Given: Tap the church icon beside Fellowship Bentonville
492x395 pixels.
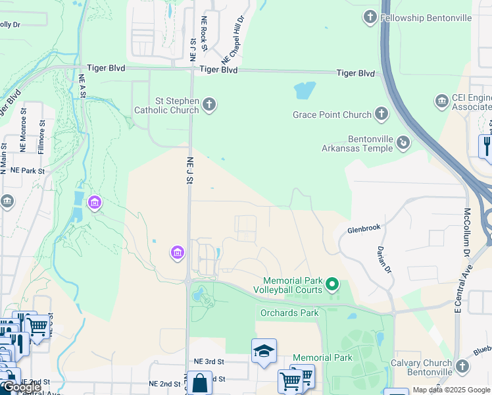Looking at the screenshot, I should pyautogui.click(x=370, y=16).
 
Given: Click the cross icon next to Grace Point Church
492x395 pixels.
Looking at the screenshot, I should pyautogui.click(x=381, y=115).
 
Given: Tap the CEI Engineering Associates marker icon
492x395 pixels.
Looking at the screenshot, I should pyautogui.click(x=441, y=101).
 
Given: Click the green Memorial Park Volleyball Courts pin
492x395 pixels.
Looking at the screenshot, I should pyautogui.click(x=332, y=285).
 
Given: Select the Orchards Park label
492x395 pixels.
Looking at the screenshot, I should pyautogui.click(x=289, y=313).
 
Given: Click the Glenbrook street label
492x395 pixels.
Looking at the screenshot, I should pyautogui.click(x=364, y=228).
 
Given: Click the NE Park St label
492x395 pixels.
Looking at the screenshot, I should pyautogui.click(x=26, y=171).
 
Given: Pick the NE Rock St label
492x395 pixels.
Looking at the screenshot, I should pyautogui.click(x=205, y=33).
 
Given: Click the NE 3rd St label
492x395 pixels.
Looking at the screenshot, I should pyautogui.click(x=209, y=361).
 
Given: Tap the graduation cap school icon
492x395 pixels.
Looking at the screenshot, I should pyautogui.click(x=264, y=350).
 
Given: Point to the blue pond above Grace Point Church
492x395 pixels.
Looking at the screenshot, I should pyautogui.click(x=305, y=90).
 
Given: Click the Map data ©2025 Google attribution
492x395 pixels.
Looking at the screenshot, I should pyautogui.click(x=451, y=390).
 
